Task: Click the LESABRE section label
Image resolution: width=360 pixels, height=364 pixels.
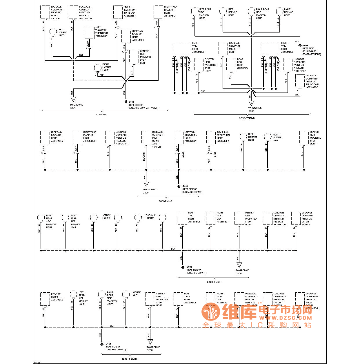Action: (101, 114)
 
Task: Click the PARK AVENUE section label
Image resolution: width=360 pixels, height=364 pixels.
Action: (247, 118)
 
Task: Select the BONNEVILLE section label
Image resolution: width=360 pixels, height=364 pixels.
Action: (165, 201)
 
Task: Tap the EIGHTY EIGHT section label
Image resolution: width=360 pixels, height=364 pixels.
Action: (214, 282)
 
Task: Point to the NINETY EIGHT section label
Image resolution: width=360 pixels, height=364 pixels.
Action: (130, 359)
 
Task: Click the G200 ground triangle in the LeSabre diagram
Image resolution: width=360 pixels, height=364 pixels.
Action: (73, 99)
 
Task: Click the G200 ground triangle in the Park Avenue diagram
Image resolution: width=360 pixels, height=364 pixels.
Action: (251, 103)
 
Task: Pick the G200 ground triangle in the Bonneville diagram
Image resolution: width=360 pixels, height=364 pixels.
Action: (146, 184)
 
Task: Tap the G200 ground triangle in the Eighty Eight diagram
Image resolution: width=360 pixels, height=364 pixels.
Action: (239, 265)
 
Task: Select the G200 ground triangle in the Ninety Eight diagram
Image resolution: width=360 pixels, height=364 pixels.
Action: (150, 342)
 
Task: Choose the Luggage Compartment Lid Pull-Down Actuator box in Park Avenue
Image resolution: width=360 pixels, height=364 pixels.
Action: (300, 81)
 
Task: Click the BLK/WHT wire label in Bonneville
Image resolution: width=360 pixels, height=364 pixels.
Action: (144, 156)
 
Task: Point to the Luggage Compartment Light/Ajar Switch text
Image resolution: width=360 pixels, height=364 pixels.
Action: (158, 139)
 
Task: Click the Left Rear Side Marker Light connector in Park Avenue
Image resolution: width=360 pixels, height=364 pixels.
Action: (194, 12)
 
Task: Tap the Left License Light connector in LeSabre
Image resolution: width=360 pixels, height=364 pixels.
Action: (53, 32)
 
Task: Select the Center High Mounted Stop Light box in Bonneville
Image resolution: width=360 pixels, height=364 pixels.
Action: (304, 137)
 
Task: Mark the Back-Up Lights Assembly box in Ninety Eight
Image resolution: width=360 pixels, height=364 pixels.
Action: (45, 299)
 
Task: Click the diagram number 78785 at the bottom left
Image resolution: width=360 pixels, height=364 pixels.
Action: (37, 362)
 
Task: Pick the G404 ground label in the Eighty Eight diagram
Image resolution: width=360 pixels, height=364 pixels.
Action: (189, 267)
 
